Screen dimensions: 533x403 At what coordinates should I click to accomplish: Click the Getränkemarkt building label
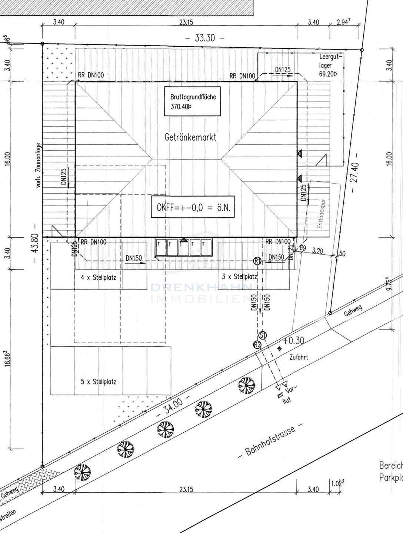[x=190, y=137]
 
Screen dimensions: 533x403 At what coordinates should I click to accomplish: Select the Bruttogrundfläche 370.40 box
[x=193, y=102]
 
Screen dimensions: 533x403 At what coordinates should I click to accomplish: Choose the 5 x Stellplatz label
[x=98, y=382]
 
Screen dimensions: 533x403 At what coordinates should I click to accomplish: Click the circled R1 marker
[x=258, y=261]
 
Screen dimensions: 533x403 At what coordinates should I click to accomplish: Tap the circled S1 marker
[x=263, y=335]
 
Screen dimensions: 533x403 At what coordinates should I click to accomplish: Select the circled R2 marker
[x=257, y=345]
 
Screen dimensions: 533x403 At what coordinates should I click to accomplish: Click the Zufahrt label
[x=299, y=358]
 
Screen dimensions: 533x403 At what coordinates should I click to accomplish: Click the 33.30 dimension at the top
[x=205, y=38]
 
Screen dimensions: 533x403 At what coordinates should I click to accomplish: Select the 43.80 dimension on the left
[x=36, y=243]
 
